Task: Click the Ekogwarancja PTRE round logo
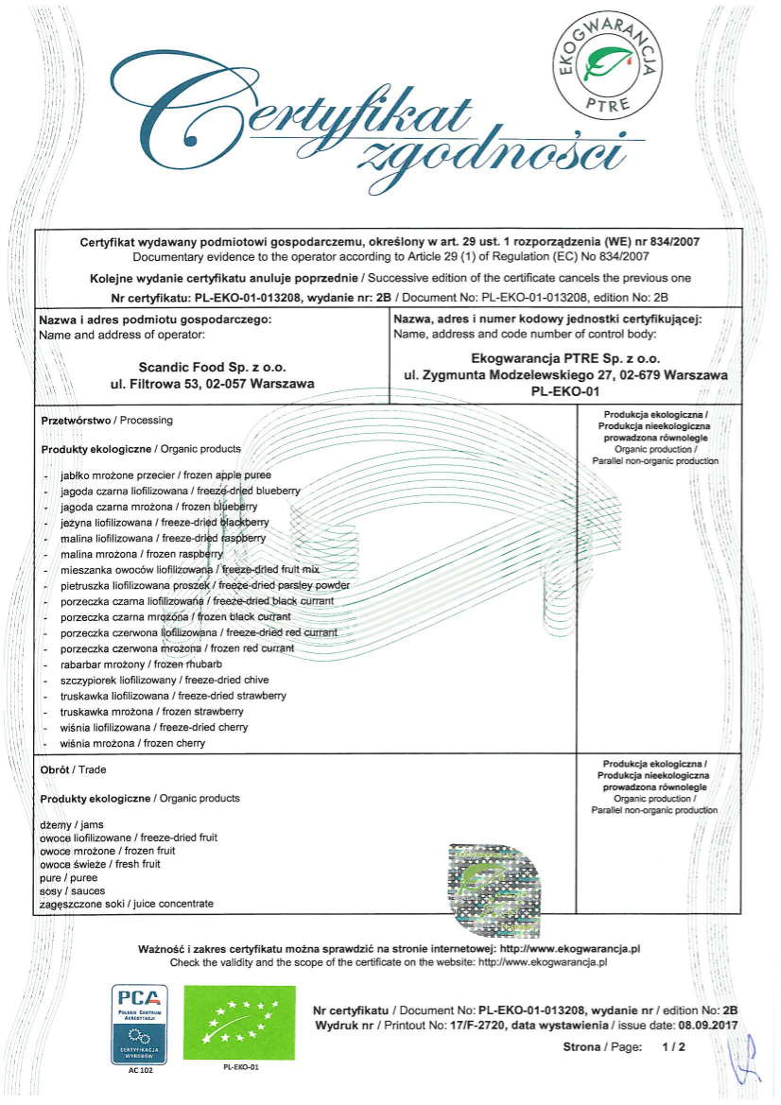(x=608, y=63)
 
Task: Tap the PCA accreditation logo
(x=140, y=1020)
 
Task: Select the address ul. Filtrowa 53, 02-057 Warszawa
(x=212, y=383)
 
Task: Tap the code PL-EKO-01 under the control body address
(x=565, y=390)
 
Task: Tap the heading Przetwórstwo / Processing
(x=107, y=420)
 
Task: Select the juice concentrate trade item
(x=127, y=904)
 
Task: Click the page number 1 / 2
(x=672, y=1047)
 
